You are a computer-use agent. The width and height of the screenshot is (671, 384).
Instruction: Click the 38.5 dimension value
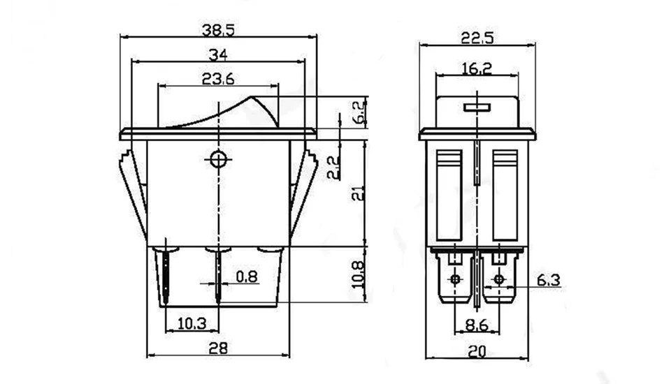point(218,30)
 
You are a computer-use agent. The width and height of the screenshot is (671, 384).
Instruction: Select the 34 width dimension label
point(218,54)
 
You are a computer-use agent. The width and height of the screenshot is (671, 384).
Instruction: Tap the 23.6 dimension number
point(218,79)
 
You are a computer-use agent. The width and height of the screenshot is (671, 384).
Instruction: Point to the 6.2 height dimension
point(361,112)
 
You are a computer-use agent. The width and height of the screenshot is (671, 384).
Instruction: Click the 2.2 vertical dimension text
point(333,167)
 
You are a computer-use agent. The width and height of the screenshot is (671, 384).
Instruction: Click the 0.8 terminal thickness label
point(247,276)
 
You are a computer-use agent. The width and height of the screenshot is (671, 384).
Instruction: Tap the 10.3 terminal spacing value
point(192,324)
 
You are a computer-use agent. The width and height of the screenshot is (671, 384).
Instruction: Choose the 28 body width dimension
point(218,348)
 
